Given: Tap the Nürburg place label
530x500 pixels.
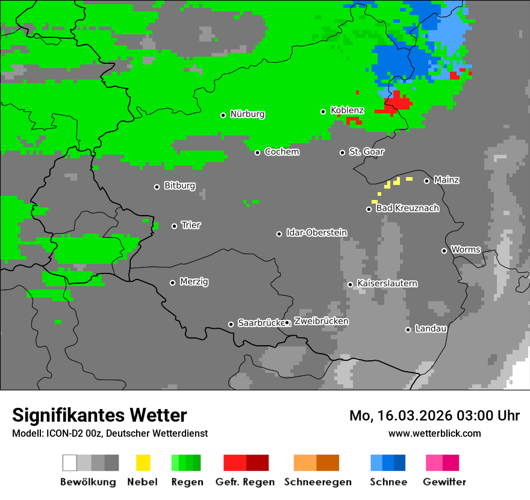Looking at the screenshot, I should coord(247,114).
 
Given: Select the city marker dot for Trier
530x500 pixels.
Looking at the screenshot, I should coord(175,226).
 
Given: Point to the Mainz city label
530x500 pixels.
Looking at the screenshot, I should coord(446,180).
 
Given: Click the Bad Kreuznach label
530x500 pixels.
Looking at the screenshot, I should coord(407,208).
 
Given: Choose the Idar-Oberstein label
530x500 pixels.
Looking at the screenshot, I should coord(316,233).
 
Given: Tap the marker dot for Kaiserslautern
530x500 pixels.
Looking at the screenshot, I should coord(350,284).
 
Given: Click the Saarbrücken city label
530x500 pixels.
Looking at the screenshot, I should coord(261,323).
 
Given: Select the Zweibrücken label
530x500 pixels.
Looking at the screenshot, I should coord(321,321).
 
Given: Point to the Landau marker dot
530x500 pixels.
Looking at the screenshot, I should coord(408,330).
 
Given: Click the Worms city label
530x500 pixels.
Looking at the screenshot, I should coord(466,249).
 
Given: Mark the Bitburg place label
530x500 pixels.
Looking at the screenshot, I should coord(179,186).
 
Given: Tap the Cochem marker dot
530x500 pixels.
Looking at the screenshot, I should coord(257,152).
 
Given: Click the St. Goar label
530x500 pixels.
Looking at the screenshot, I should coord(366,152).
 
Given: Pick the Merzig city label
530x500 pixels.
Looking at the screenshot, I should coord(194,282).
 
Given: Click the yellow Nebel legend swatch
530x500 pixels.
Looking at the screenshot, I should coord(143,463).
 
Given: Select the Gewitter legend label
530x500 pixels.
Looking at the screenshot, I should coord(444,482).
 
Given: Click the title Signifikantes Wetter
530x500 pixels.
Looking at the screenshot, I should coord(99,415).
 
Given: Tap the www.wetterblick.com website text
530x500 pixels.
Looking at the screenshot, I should coord(434,433).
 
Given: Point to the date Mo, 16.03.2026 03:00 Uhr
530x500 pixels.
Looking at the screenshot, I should coord(434,416).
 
